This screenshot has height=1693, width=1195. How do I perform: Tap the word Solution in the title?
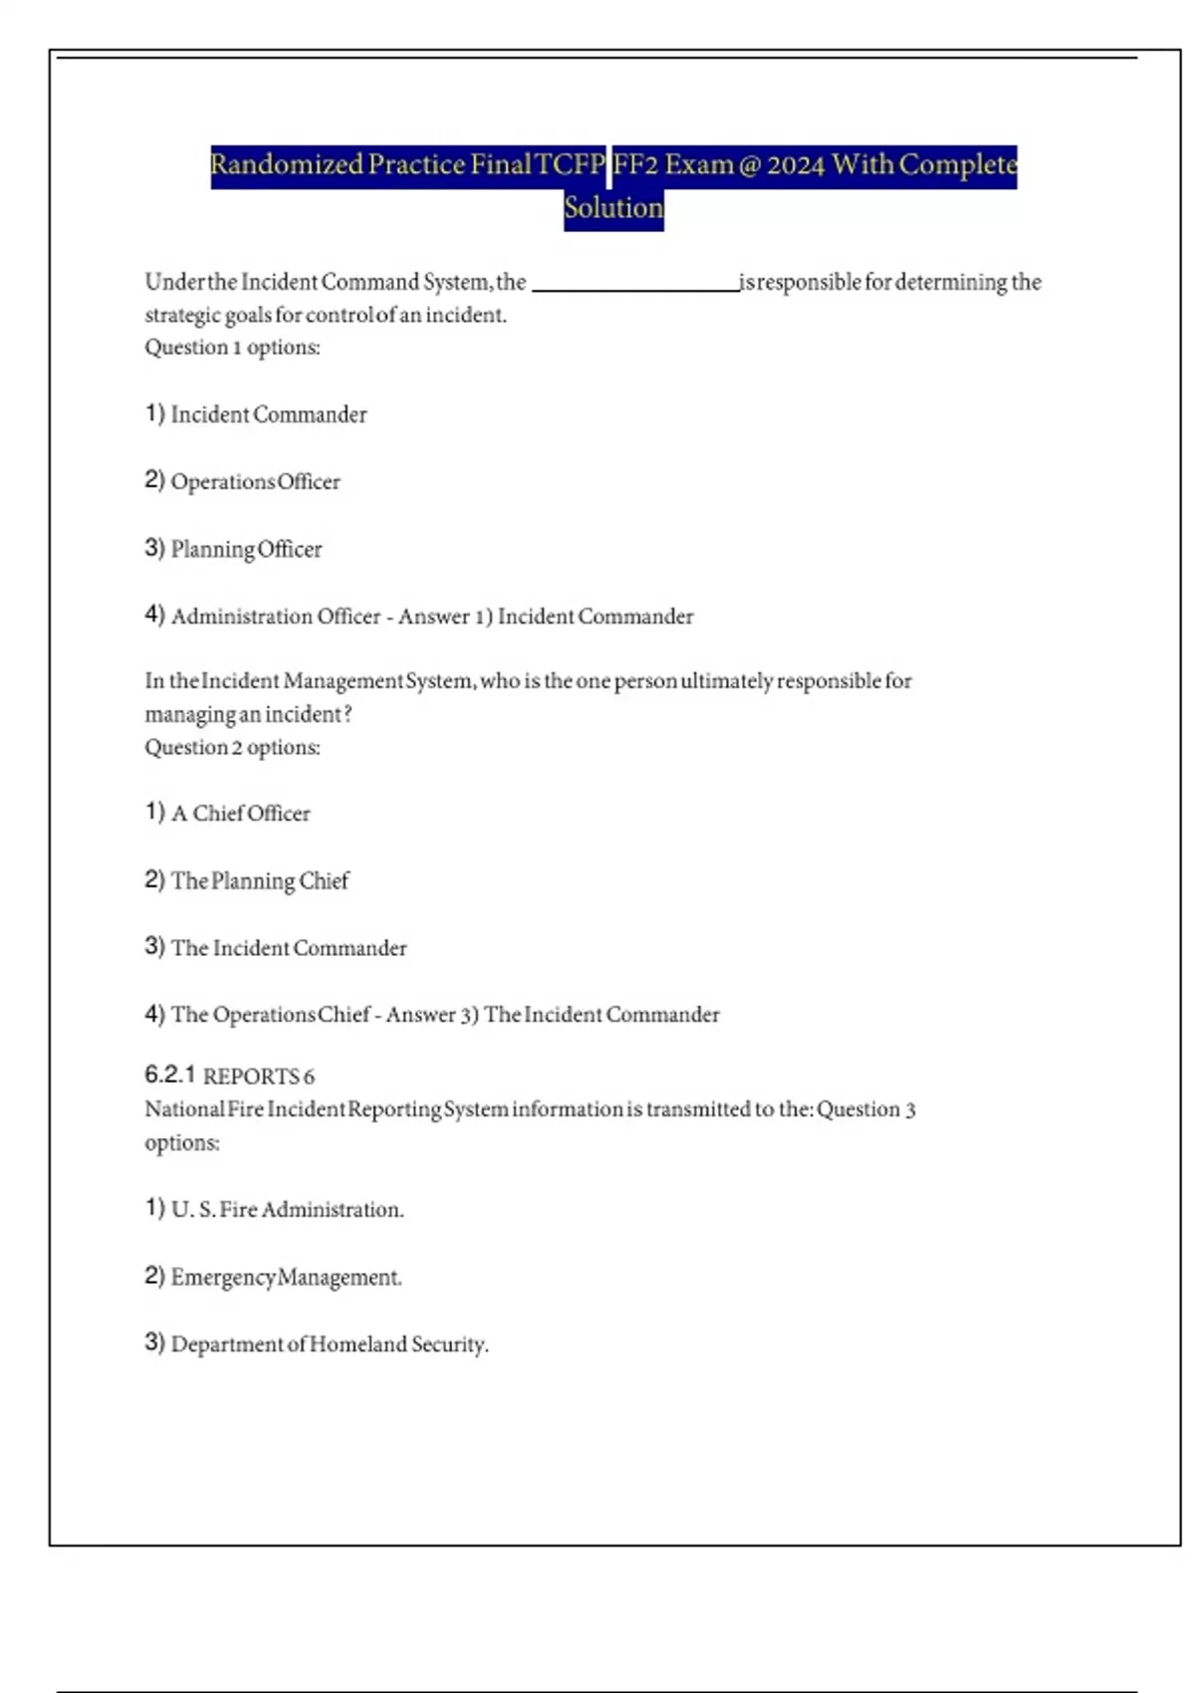613,208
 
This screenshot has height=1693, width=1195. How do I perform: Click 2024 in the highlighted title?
795,164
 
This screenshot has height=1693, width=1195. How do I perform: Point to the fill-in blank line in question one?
635,289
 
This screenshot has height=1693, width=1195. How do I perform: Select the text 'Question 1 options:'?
232,348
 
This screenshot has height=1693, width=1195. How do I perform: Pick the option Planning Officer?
246,550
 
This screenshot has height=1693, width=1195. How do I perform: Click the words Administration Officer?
276,616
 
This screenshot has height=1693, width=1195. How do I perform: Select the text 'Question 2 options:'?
232,748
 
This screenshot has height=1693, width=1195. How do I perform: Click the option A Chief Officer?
240,814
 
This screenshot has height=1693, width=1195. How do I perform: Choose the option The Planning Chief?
260,881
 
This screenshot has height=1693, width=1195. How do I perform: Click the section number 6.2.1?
169,1075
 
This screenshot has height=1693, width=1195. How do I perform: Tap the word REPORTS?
251,1077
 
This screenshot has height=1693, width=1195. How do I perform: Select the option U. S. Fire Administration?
287,1210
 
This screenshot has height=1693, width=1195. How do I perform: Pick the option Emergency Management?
286,1278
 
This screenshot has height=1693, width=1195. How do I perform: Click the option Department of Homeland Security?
330,1344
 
